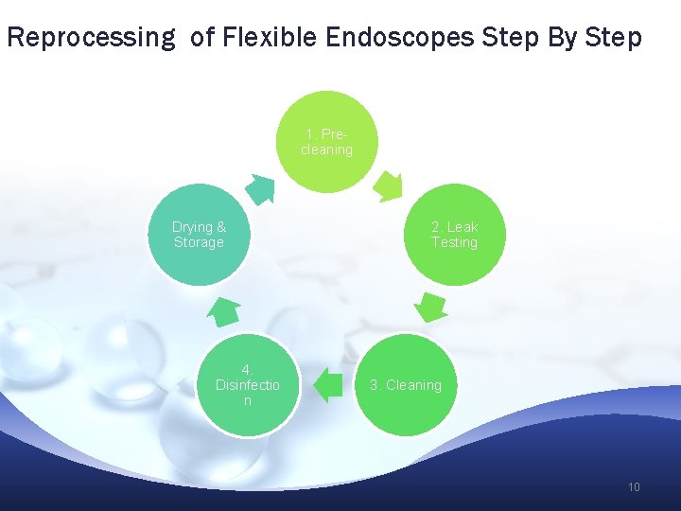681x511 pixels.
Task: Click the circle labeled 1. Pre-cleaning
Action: click(325, 142)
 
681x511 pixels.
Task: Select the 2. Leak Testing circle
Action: click(454, 235)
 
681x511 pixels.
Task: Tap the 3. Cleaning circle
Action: click(406, 385)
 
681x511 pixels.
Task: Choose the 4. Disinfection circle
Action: click(247, 385)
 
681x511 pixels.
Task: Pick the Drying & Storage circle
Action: click(199, 235)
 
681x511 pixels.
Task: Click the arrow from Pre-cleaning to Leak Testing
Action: click(388, 186)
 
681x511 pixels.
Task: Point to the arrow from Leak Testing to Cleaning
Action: click(431, 307)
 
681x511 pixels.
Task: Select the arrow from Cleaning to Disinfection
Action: click(327, 385)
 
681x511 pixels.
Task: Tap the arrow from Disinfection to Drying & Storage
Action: click(223, 309)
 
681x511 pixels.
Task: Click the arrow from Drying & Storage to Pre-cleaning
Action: click(262, 188)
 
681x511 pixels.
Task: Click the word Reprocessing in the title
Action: click(90, 38)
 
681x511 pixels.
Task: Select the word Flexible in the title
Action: click(271, 38)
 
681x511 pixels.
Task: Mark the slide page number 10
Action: click(634, 487)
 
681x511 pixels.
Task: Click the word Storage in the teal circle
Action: click(199, 242)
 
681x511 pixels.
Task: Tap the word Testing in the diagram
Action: click(454, 242)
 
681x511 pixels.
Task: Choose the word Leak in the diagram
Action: click(463, 227)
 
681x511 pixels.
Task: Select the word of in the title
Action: click(202, 38)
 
